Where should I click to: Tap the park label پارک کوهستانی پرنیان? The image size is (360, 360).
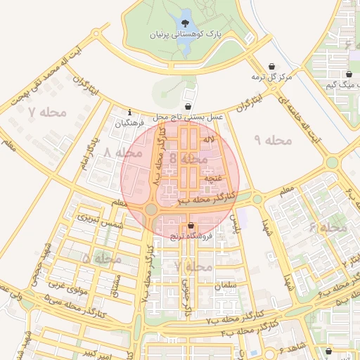point(186,34)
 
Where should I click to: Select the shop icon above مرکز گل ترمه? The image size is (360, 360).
point(271,66)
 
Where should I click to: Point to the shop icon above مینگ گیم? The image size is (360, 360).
point(348,75)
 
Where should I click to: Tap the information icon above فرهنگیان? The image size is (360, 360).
point(130,112)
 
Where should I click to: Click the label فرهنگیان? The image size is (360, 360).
point(132,122)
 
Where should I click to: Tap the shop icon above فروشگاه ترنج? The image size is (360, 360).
point(191,226)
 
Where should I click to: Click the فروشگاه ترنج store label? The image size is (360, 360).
point(198,236)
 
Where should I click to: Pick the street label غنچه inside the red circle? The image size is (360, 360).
point(209,179)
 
